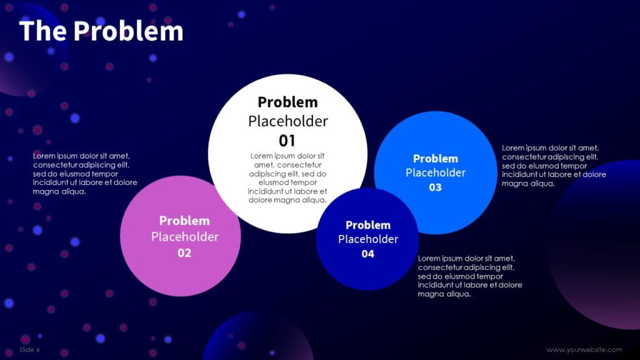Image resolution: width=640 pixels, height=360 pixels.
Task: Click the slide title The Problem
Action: [x=101, y=31]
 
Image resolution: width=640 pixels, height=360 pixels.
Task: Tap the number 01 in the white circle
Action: [x=287, y=140]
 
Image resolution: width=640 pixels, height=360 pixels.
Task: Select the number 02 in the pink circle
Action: [x=184, y=253]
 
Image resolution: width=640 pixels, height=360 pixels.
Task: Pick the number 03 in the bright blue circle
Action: [x=436, y=187]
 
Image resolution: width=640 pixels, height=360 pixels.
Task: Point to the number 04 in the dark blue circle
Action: [x=368, y=254]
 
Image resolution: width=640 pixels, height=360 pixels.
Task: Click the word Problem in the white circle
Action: [x=287, y=102]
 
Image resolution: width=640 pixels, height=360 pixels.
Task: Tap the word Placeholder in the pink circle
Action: [x=184, y=237]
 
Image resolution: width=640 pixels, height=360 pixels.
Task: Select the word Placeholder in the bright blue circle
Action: [x=436, y=172]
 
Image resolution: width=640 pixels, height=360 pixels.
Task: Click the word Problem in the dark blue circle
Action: [x=368, y=225]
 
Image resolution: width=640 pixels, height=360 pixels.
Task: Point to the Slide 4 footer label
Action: [x=29, y=349]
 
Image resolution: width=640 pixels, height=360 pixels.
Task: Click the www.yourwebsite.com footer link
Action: [x=584, y=350]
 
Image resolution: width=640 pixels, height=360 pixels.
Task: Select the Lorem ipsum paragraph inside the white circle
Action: [x=287, y=178]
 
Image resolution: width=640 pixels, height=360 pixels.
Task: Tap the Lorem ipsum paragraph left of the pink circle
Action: [x=85, y=174]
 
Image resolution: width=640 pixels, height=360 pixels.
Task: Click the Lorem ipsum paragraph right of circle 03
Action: [x=554, y=166]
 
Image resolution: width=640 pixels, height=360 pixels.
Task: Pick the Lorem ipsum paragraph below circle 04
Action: [x=469, y=276]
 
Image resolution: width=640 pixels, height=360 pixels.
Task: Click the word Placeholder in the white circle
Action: [x=287, y=121]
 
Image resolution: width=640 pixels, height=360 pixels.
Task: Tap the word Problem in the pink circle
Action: [x=184, y=221]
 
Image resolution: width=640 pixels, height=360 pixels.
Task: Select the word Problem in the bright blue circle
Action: [x=436, y=159]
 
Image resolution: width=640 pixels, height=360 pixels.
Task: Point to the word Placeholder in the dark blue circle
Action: [x=368, y=239]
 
